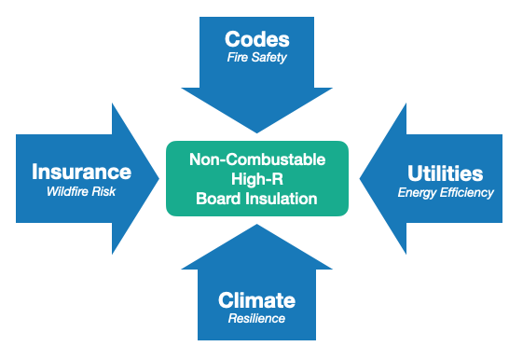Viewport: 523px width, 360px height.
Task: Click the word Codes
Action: [x=257, y=39]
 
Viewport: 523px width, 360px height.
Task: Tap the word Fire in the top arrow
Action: [x=237, y=57]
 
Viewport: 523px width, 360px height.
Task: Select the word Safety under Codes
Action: [x=268, y=58]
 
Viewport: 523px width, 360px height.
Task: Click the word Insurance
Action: [x=82, y=172]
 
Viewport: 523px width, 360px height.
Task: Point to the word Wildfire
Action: [x=68, y=191]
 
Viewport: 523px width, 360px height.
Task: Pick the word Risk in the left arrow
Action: [x=103, y=191]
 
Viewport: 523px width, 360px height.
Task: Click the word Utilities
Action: [x=446, y=173]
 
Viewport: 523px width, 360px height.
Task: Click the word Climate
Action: [x=256, y=300]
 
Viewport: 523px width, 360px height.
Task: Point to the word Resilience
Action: [x=256, y=318]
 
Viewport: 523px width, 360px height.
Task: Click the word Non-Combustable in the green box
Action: [x=257, y=159]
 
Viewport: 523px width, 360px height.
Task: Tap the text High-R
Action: [x=257, y=179]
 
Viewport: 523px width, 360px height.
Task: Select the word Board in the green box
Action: [x=219, y=199]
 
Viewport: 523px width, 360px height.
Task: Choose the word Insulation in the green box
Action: [x=282, y=199]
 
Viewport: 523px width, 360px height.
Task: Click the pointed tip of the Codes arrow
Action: [x=256, y=132]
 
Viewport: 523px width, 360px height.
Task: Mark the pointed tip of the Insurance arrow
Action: [x=159, y=178]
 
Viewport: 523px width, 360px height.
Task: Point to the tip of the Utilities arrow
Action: [x=360, y=178]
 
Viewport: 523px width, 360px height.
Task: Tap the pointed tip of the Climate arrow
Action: [x=256, y=224]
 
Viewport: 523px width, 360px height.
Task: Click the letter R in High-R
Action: [x=278, y=179]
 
